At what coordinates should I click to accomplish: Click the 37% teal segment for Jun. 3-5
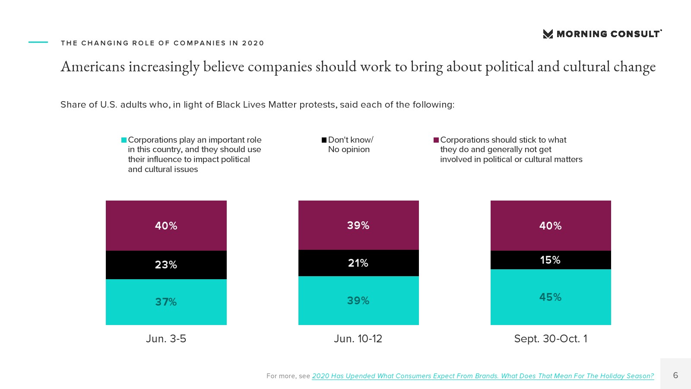click(166, 302)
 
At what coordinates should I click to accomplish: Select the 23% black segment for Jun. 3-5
click(166, 265)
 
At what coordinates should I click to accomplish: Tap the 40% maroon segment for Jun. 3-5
click(166, 225)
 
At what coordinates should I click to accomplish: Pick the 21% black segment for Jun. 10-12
click(358, 263)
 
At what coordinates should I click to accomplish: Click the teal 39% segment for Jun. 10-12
click(358, 300)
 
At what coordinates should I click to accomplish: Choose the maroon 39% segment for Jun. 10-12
click(358, 225)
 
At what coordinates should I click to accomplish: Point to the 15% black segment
click(551, 260)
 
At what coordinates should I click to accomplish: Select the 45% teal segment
click(551, 297)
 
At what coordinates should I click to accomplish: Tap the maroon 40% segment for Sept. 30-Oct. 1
click(551, 225)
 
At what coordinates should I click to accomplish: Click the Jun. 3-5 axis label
click(166, 338)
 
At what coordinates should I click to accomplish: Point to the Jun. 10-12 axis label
click(358, 338)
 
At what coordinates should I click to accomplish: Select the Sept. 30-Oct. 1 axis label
click(551, 338)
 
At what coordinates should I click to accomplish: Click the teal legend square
click(124, 140)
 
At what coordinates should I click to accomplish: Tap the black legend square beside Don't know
click(324, 140)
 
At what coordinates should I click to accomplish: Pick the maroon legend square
click(436, 140)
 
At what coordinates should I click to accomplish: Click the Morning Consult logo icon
click(548, 34)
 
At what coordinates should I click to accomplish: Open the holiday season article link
click(483, 376)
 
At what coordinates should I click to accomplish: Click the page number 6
click(675, 375)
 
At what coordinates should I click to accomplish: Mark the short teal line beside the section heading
click(38, 42)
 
